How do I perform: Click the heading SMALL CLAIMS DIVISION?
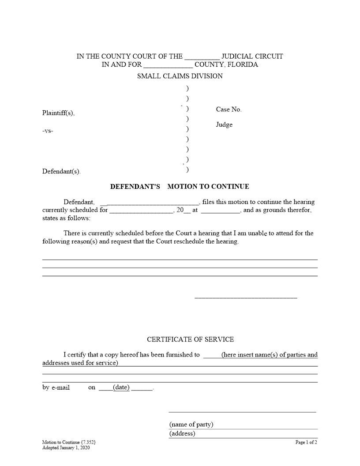click(x=180, y=76)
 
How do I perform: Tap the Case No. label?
click(x=229, y=109)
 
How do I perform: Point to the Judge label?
click(x=224, y=124)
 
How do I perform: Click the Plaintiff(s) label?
click(x=58, y=113)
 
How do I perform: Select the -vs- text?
click(x=48, y=131)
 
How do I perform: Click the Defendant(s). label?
click(x=61, y=172)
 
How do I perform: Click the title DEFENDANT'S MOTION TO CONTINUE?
click(x=180, y=187)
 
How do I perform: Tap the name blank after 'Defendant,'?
click(x=153, y=203)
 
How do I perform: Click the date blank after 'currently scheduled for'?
click(x=141, y=210)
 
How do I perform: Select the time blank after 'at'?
click(x=220, y=210)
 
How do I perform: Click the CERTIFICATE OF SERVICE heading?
click(x=190, y=339)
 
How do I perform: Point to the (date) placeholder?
click(x=121, y=387)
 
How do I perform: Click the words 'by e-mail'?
click(x=56, y=388)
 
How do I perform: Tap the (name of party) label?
click(x=191, y=425)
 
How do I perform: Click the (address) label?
click(x=182, y=433)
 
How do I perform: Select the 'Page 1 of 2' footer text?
click(x=306, y=442)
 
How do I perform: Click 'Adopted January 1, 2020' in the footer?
click(x=66, y=447)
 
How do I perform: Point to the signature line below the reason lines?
click(x=246, y=298)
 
